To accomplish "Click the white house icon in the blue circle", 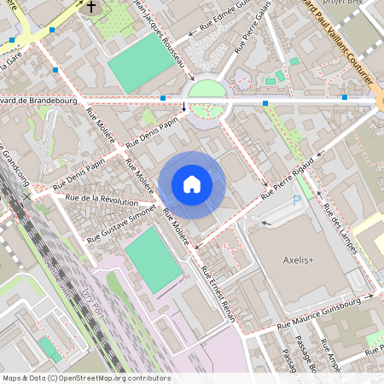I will point(192,184).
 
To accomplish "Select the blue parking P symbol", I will point(297,201).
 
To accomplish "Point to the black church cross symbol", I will point(91,7).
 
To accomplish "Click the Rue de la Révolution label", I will point(107,201).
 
